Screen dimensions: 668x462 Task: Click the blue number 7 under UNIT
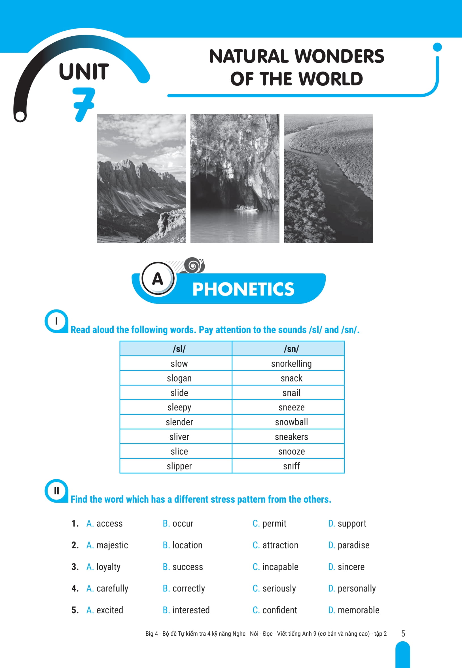point(84,104)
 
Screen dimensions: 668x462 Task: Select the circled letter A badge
point(158,279)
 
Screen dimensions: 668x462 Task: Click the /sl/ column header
point(179,349)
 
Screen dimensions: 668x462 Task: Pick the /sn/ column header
point(291,349)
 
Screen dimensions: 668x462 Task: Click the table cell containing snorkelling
point(291,364)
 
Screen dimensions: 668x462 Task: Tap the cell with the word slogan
point(179,378)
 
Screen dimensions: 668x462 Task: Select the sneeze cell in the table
point(291,408)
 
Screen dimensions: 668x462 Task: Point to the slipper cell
point(179,466)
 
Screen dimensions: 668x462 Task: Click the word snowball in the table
point(291,422)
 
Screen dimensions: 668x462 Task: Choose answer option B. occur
point(178,523)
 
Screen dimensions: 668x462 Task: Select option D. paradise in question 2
point(349,545)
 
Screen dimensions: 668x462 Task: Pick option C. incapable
point(275,567)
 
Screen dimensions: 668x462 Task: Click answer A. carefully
point(107,588)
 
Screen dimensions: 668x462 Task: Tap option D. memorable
point(354,610)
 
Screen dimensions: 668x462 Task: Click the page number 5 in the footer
point(403,633)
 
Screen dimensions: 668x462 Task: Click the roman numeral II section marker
point(56,491)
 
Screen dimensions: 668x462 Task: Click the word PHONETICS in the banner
point(243,289)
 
